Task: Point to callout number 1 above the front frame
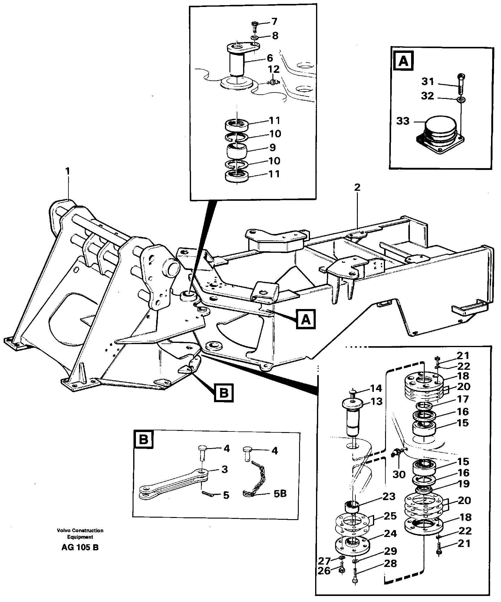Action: pos(68,171)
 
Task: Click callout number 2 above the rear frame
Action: pos(357,187)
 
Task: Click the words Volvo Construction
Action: pos(80,531)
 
